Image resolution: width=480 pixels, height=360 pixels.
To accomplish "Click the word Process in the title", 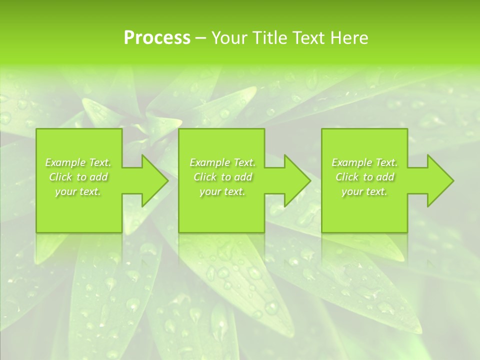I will (x=157, y=38).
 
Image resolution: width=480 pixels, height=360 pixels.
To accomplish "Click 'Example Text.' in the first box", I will (x=78, y=162).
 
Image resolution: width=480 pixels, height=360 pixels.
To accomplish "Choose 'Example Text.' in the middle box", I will (x=222, y=162).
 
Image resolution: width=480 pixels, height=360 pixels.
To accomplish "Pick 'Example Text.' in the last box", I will (x=364, y=162).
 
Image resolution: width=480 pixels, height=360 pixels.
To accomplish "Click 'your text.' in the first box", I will (x=78, y=191).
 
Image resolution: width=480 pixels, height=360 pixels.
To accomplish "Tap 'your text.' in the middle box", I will (x=222, y=191).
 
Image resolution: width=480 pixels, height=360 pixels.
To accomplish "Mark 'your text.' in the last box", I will (x=364, y=191).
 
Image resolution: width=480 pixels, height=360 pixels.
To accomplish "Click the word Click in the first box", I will (x=60, y=177).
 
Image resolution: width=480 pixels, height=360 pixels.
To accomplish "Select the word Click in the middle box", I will (x=205, y=177).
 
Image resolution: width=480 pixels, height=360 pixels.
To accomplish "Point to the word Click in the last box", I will (x=347, y=177).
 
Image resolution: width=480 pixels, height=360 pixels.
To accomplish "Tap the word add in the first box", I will (x=99, y=177).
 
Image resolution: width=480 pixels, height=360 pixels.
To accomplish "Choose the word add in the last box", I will (x=385, y=177).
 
